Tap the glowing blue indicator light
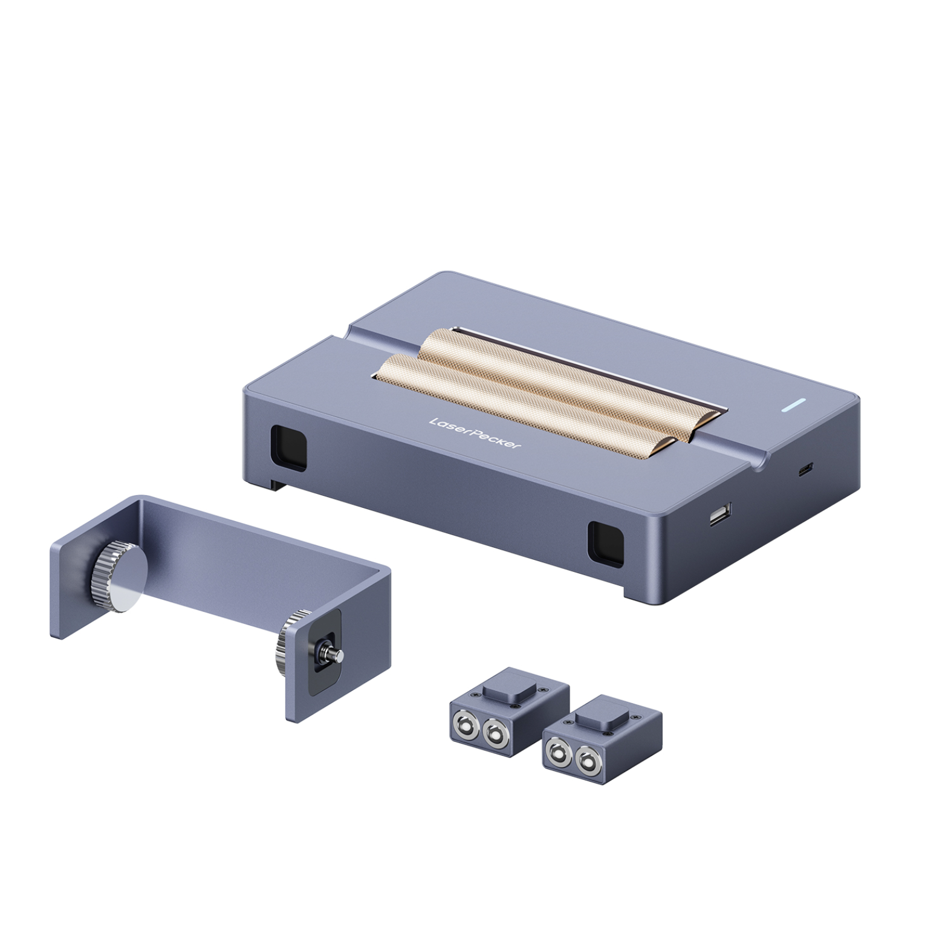point(793,405)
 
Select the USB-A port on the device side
point(719,516)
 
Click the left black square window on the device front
point(288,447)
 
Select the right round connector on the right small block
point(586,761)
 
